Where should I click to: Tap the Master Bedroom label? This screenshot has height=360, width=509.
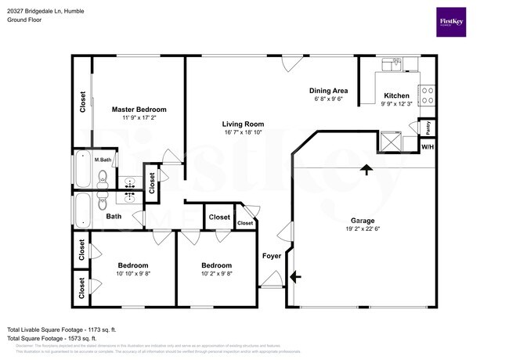pyautogui.click(x=139, y=110)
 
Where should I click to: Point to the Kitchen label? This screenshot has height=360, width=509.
pyautogui.click(x=397, y=95)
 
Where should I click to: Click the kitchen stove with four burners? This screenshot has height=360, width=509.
pyautogui.click(x=428, y=95)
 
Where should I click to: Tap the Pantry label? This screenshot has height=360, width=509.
pyautogui.click(x=428, y=126)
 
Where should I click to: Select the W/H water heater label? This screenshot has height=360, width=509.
pyautogui.click(x=428, y=146)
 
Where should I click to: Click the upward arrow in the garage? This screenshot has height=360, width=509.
pyautogui.click(x=365, y=168)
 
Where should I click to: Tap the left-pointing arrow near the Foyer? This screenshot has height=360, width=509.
pyautogui.click(x=294, y=276)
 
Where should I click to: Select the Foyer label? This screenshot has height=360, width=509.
pyautogui.click(x=271, y=255)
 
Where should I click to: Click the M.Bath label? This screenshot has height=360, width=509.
pyautogui.click(x=102, y=160)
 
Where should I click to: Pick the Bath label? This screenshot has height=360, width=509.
pyautogui.click(x=114, y=216)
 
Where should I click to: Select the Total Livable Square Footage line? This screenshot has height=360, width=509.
pyautogui.click(x=61, y=329)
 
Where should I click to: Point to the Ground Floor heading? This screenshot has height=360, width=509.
pyautogui.click(x=25, y=20)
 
